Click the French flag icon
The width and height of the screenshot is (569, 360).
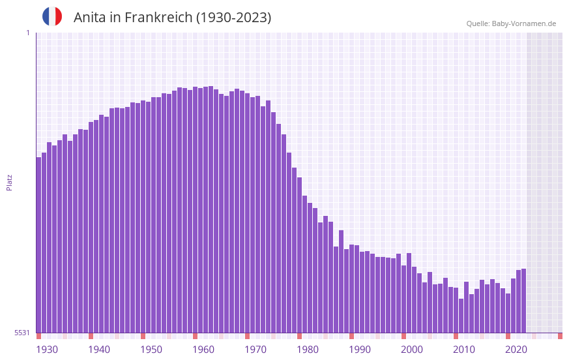[52, 16]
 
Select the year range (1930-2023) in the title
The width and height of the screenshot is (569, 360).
[233, 18]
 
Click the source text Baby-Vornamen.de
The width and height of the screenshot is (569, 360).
[523, 23]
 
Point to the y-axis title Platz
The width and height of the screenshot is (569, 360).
[9, 182]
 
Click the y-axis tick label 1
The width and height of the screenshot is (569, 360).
[27, 33]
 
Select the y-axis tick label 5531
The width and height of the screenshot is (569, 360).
[22, 333]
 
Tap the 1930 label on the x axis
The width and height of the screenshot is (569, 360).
[47, 350]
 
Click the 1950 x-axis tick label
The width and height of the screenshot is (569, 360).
[151, 350]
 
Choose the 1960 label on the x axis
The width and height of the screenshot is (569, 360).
[203, 350]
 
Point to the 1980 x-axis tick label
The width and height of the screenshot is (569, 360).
[308, 350]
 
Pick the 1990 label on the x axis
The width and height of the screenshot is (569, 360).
[360, 350]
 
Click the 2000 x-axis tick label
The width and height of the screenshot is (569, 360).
[412, 350]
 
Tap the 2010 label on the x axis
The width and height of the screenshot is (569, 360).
[464, 350]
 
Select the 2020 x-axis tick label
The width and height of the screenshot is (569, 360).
[516, 350]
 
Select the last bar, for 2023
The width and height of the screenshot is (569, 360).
[523, 301]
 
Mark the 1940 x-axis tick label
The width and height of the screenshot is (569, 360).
[99, 350]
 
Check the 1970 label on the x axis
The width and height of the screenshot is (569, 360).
[255, 350]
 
